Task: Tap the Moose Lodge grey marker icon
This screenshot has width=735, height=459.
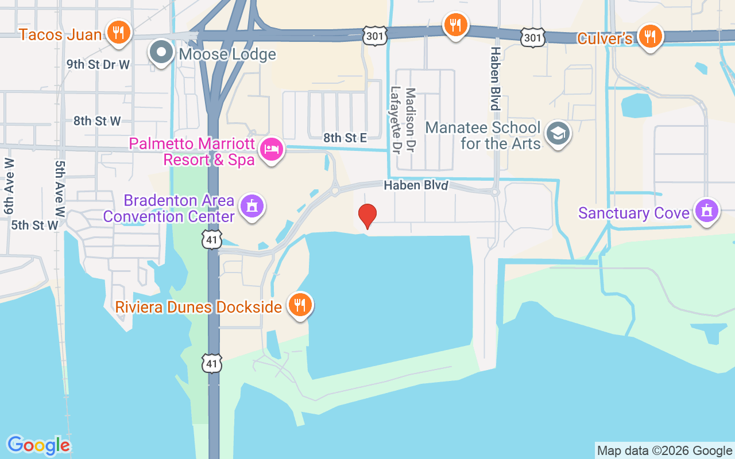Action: (x=161, y=52)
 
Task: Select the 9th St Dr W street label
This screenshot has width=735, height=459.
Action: (x=98, y=64)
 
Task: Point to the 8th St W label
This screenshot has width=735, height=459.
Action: (x=97, y=121)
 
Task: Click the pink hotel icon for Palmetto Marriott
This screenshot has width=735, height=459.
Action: (x=271, y=150)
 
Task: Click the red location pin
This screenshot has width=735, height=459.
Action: (x=367, y=216)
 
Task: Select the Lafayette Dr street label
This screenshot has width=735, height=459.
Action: (x=395, y=120)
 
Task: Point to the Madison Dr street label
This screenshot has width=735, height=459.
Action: (x=410, y=120)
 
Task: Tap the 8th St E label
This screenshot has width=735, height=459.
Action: (x=345, y=137)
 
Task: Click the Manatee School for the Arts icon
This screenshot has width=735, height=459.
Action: (x=558, y=133)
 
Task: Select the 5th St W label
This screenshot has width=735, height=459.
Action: (x=34, y=225)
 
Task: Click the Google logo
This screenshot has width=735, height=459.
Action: (x=39, y=445)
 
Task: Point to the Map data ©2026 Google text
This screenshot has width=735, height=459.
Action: (x=664, y=450)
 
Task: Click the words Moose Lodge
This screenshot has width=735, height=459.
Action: (x=227, y=55)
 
